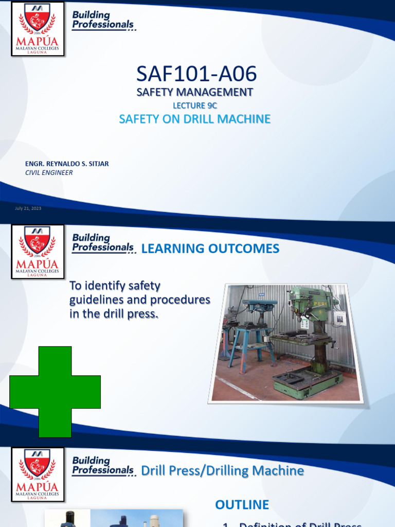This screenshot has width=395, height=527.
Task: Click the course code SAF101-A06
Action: click(x=196, y=74)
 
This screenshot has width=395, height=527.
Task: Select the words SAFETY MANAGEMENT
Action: click(x=194, y=93)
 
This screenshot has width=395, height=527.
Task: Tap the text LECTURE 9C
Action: click(x=194, y=106)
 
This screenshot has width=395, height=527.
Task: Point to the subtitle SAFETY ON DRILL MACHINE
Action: click(x=194, y=119)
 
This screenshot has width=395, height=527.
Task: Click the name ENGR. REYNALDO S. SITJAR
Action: click(x=67, y=164)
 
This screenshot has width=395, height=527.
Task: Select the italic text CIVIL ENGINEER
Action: click(x=49, y=173)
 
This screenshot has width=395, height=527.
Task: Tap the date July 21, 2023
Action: click(x=28, y=208)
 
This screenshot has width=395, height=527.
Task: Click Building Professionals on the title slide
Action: click(x=103, y=20)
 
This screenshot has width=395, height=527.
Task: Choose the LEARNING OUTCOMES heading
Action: click(x=210, y=249)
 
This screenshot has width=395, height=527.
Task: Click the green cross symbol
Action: click(x=55, y=392)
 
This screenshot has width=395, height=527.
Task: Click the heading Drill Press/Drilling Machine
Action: click(x=222, y=471)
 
